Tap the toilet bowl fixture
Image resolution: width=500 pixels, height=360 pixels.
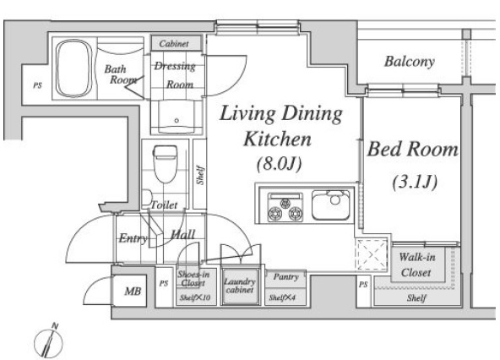(165, 164)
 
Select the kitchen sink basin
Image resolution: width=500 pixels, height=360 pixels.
(331, 205)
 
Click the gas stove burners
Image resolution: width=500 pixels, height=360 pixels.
(285, 207)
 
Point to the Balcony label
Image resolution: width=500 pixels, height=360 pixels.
(409, 62)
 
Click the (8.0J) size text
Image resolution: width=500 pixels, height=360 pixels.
(279, 164)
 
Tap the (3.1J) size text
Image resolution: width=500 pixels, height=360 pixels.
(415, 183)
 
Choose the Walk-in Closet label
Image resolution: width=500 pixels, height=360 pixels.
(416, 265)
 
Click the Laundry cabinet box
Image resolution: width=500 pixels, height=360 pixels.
(240, 286)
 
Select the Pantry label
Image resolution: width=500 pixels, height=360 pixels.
(285, 276)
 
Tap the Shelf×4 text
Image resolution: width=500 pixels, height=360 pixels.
(282, 297)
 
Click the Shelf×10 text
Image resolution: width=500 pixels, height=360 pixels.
(195, 297)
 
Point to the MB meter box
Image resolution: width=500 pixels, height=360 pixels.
(133, 291)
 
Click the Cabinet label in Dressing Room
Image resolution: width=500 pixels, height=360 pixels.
(174, 43)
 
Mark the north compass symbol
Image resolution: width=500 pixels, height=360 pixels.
(49, 341)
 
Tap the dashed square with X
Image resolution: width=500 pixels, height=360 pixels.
(372, 254)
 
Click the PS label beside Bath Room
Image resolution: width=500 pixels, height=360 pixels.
(38, 85)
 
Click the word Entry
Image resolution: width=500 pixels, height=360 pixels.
(133, 238)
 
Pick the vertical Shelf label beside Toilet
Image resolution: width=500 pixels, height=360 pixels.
(200, 175)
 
